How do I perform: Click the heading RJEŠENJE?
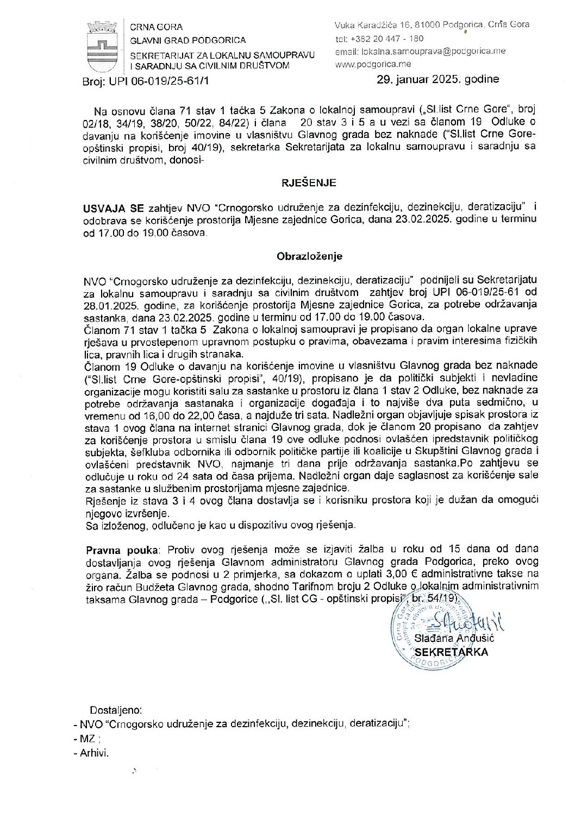coord(309,183)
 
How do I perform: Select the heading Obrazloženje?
coord(309,256)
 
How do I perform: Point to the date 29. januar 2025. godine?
coord(438,79)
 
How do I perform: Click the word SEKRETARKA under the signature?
coord(451,652)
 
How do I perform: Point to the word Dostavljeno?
coord(116,710)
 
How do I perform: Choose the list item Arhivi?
coord(94,753)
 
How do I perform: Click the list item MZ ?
coord(90,739)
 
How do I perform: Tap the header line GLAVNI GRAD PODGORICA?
coord(187,40)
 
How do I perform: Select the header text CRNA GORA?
coord(156,27)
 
